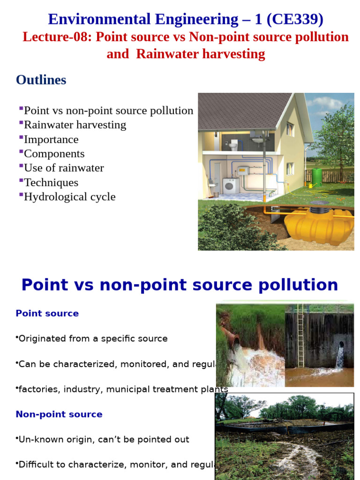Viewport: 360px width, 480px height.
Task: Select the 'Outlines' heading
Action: [41, 80]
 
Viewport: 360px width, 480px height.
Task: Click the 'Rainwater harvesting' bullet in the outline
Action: [75, 125]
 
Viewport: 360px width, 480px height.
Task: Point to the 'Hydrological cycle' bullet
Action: [69, 196]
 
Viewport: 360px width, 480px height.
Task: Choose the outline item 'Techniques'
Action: [51, 182]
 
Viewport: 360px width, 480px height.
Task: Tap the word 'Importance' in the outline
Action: [51, 139]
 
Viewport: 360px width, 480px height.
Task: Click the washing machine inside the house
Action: [229, 186]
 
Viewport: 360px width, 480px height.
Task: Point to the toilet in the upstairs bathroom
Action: [233, 146]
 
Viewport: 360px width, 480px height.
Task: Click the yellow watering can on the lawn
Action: [311, 186]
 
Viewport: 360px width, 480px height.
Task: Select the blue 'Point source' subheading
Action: [47, 314]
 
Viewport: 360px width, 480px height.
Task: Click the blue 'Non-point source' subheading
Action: [59, 414]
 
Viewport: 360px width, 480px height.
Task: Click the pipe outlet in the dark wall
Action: [341, 345]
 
